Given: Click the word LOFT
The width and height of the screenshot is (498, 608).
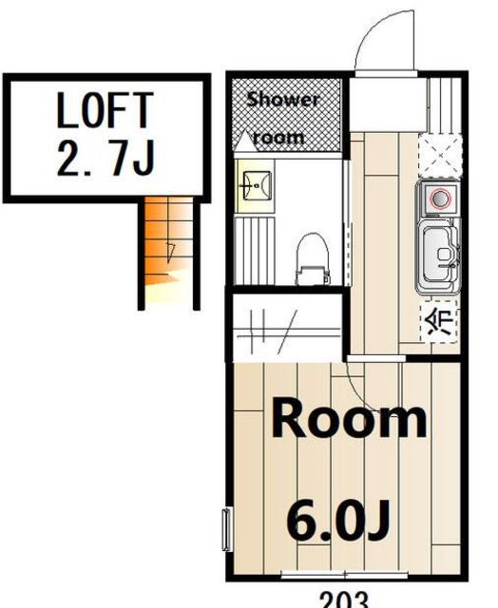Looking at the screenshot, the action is [x=105, y=110].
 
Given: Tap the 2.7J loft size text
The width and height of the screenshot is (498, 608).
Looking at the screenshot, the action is [x=105, y=160].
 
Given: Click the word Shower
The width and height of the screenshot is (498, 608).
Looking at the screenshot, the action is [x=283, y=100].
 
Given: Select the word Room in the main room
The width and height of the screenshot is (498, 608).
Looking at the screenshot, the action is [x=349, y=420].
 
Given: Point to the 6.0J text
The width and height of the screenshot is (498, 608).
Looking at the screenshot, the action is [x=337, y=521].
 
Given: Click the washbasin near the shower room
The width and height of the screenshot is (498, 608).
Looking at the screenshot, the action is [x=256, y=186].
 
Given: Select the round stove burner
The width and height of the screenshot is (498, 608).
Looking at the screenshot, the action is [x=441, y=199].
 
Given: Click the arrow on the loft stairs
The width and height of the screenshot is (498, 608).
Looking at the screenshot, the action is [x=170, y=252].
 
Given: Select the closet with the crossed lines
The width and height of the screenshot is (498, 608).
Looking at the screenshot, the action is [x=287, y=329].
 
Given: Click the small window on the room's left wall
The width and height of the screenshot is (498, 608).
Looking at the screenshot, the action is [x=226, y=530].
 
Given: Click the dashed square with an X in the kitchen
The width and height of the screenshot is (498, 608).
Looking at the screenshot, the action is [x=441, y=155].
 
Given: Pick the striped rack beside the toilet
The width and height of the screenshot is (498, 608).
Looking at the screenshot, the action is [x=255, y=251].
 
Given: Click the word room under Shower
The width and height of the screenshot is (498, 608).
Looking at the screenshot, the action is [x=278, y=139].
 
